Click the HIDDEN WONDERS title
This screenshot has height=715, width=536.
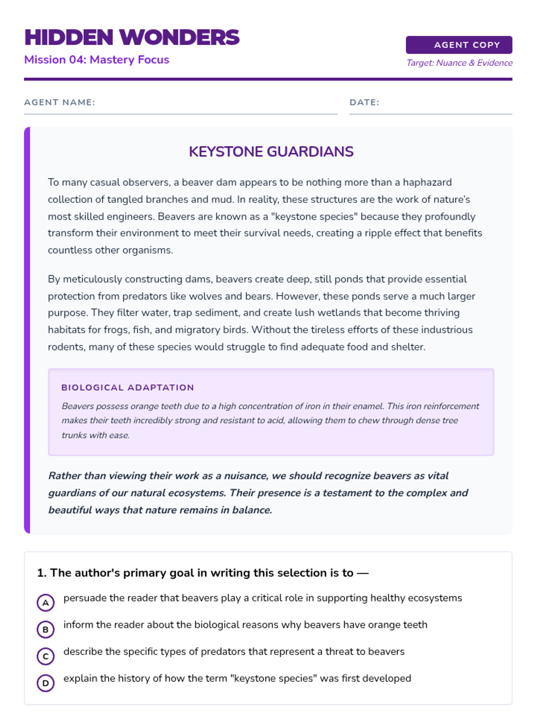click(132, 38)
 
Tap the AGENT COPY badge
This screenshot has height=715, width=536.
click(459, 45)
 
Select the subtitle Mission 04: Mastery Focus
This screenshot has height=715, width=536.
click(96, 60)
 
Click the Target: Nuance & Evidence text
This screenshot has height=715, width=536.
click(459, 63)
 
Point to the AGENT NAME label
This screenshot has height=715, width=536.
click(59, 102)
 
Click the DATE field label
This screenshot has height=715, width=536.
click(364, 102)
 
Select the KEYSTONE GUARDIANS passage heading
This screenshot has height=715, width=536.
click(271, 152)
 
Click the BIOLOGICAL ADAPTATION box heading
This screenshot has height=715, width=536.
click(128, 387)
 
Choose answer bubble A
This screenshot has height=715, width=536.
click(46, 602)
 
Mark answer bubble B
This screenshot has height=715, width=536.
click(46, 629)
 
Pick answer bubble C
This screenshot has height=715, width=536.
click(46, 656)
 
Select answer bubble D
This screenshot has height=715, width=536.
click(46, 683)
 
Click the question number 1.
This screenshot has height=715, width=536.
click(41, 573)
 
